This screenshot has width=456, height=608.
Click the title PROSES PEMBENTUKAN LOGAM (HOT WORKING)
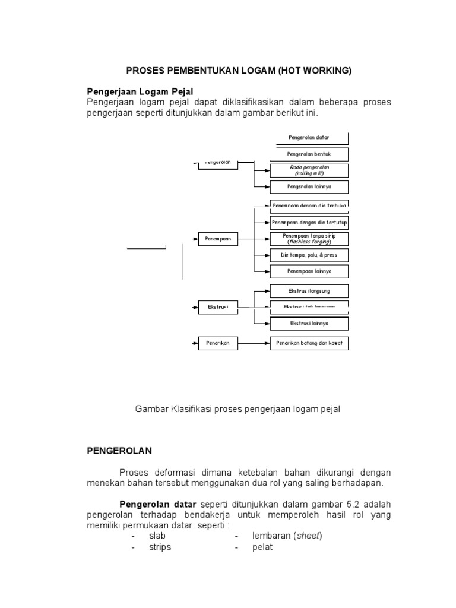click(239, 71)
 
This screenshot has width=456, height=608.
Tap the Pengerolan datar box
click(309, 138)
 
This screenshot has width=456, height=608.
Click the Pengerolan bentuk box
click(309, 154)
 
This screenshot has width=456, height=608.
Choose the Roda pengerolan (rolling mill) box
click(309, 170)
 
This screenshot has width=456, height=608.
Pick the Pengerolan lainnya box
click(309, 186)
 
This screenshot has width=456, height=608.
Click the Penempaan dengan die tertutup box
click(309, 223)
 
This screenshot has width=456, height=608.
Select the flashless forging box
click(309, 239)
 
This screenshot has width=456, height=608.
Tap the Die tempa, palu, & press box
click(309, 255)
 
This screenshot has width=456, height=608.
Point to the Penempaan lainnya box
click(309, 271)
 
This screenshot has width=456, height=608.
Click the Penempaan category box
click(217, 239)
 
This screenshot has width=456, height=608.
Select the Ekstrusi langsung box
click(309, 291)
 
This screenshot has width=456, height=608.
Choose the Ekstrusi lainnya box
click(309, 324)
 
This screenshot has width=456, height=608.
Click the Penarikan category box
click(217, 343)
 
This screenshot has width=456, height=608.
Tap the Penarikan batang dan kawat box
click(309, 343)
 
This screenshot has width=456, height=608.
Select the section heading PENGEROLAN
click(119, 451)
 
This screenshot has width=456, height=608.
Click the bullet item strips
click(160, 547)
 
